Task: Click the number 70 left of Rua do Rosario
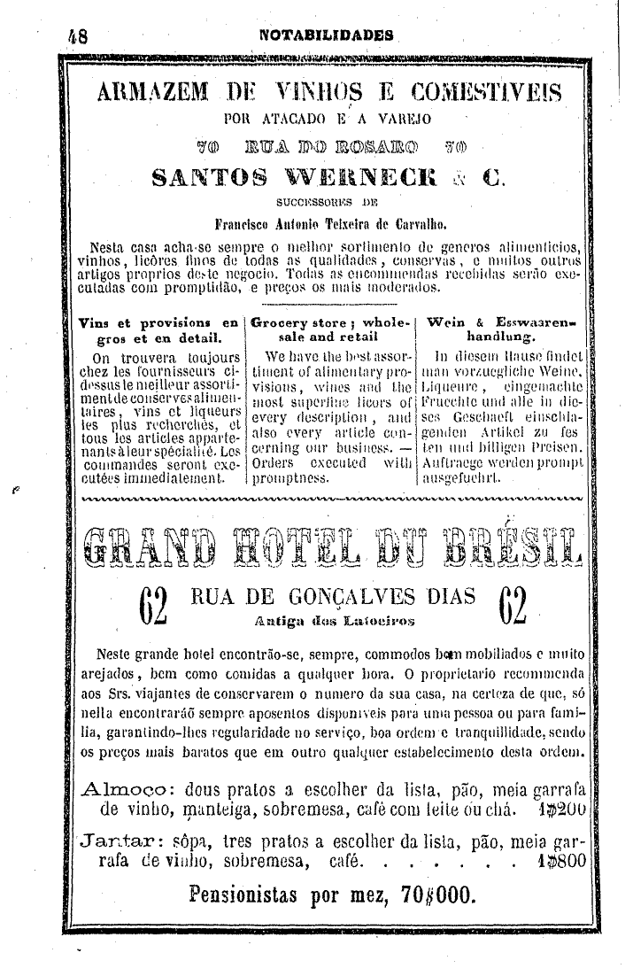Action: pos(210,142)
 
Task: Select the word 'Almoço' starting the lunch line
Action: pos(122,791)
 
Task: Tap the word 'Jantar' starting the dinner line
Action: pos(123,840)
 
